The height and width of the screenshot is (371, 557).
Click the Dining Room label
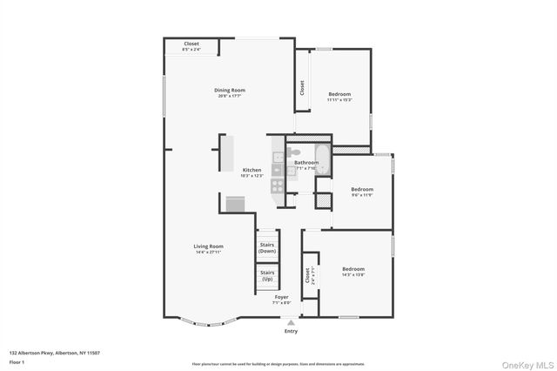pyautogui.click(x=230, y=91)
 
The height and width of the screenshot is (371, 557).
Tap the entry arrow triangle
pyautogui.click(x=291, y=321)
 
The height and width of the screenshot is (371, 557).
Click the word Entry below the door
pyautogui.click(x=291, y=331)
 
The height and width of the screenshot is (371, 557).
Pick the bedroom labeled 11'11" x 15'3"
pyautogui.click(x=339, y=96)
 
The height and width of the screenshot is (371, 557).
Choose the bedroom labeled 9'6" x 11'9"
pyautogui.click(x=362, y=191)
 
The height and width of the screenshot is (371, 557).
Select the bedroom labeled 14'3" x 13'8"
pyautogui.click(x=352, y=271)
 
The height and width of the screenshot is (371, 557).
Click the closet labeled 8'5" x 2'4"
pyautogui.click(x=191, y=46)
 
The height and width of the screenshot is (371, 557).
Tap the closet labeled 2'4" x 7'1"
pyautogui.click(x=308, y=276)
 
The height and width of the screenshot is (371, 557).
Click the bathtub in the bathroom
pyautogui.click(x=323, y=162)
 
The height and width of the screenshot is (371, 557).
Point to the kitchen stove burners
pyautogui.click(x=277, y=185)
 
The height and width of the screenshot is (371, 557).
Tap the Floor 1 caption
pyautogui.click(x=17, y=361)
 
